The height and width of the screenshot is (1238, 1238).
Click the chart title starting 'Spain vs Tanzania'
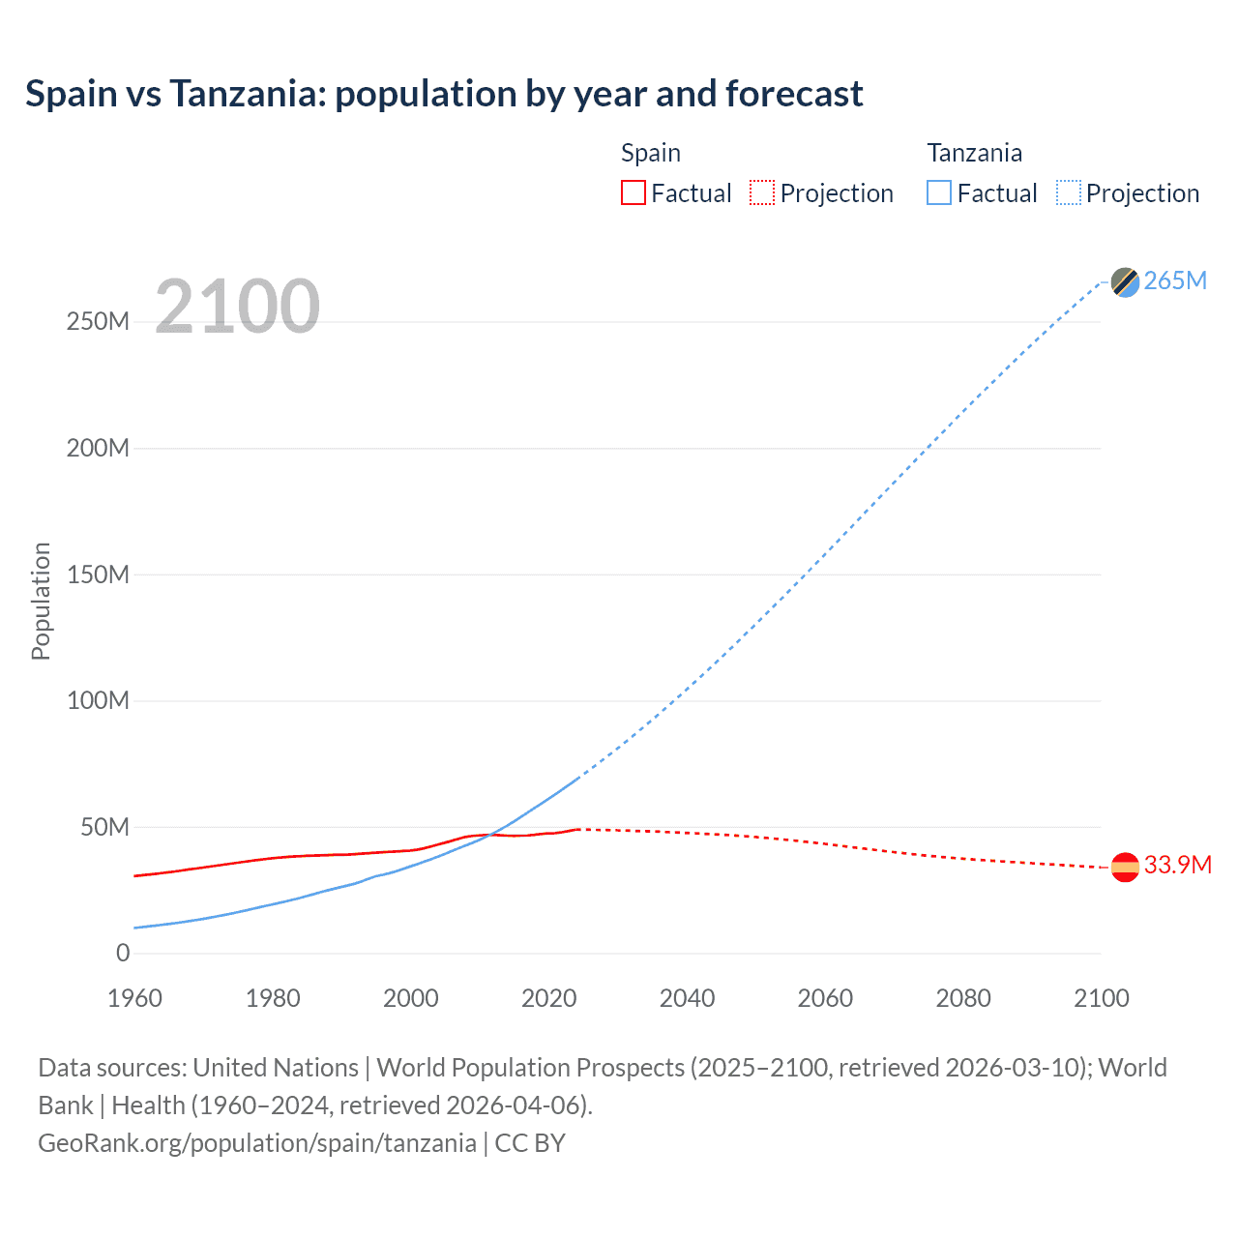[444, 94]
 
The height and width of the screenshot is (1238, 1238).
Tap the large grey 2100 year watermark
[237, 307]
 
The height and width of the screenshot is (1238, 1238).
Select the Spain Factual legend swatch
[633, 192]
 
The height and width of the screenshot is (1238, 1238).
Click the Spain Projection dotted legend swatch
[762, 192]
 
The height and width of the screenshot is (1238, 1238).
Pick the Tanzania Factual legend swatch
[939, 192]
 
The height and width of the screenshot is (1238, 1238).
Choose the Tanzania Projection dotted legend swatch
[1068, 192]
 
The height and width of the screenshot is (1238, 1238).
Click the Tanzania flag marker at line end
[1125, 281]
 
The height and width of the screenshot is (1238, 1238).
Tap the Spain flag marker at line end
[1125, 868]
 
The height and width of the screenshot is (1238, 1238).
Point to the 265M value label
[1175, 280]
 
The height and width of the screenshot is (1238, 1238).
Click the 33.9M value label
[1177, 865]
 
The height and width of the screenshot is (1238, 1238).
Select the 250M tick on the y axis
[98, 322]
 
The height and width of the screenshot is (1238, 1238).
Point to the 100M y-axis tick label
[98, 700]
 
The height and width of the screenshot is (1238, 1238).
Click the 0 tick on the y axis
[123, 953]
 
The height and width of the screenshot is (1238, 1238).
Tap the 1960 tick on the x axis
[134, 998]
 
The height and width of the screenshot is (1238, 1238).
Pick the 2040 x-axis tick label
[687, 998]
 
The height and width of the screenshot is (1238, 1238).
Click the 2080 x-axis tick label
[963, 998]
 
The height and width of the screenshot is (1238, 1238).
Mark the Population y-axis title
[41, 601]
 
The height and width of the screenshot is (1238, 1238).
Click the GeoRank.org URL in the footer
[257, 1143]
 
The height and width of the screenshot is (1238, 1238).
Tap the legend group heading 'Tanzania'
[974, 153]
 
